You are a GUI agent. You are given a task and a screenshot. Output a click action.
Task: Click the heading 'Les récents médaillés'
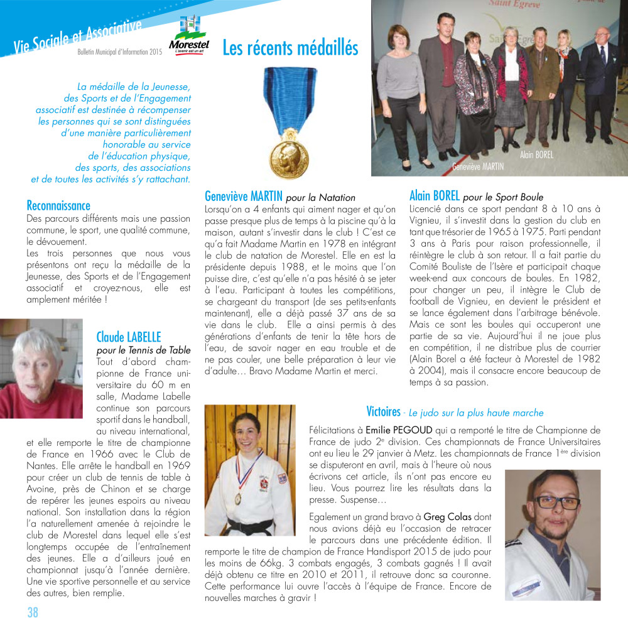[x=290, y=48]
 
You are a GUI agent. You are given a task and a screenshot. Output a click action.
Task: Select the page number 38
[x=33, y=612]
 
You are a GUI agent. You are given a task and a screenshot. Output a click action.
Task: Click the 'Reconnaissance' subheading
[x=58, y=205]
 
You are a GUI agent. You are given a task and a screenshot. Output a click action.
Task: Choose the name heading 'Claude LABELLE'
[x=129, y=337]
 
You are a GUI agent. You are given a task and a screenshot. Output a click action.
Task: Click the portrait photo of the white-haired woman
[x=41, y=367]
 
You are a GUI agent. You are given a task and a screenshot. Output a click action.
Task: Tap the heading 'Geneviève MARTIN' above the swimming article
[x=245, y=197]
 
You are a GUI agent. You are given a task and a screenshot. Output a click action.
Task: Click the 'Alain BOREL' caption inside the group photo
[x=536, y=154]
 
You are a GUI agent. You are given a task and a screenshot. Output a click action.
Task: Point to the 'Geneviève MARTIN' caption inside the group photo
[x=478, y=166]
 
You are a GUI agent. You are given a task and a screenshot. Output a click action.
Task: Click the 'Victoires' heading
[x=383, y=412]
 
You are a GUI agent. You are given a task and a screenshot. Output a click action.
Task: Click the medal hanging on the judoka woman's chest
[x=237, y=498]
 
